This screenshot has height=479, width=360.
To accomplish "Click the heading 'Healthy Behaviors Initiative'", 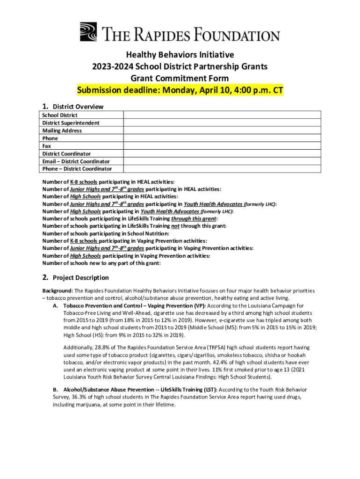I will click(x=180, y=55).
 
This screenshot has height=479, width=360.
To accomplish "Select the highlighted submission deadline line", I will click(x=180, y=90).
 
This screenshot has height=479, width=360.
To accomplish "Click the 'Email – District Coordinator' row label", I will click(x=76, y=161).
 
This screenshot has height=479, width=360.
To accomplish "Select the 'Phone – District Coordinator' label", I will click(x=77, y=169).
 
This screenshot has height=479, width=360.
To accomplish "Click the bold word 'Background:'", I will click(x=58, y=290).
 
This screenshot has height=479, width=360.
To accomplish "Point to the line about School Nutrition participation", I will click(x=106, y=233).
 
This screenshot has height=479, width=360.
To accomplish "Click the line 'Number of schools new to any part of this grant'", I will click(x=101, y=263).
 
